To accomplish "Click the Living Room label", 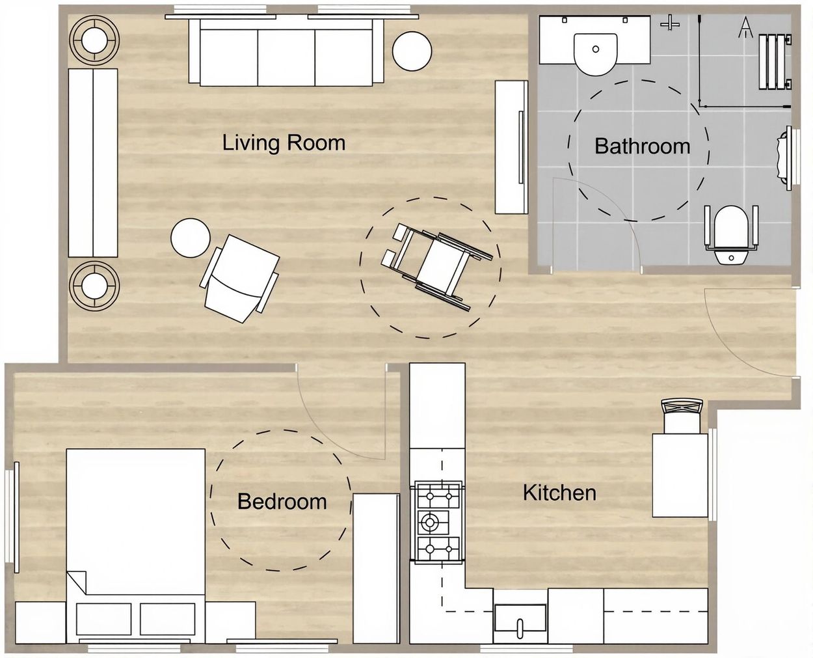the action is coord(284,143).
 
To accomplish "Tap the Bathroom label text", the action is coord(643,146).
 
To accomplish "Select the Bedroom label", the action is coord(282,501).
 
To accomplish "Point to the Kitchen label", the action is coord(559,493).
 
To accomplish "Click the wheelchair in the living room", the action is coord(437,266).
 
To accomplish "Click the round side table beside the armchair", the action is coord(191,238).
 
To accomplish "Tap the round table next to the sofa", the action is coord(412,51).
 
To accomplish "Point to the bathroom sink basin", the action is coord(595,54).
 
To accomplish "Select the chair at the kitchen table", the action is coord(682,416).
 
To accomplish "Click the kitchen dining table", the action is coord(680,474).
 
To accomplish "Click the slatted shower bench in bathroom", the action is coord(775,61).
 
